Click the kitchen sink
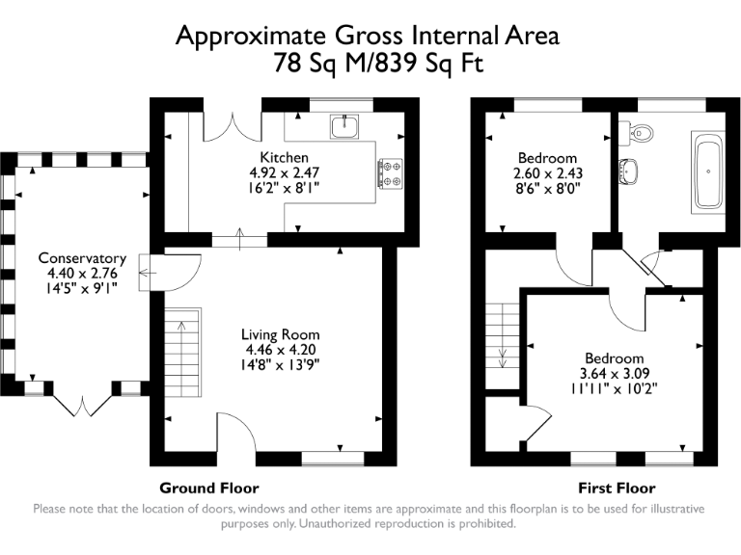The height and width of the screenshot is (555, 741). coord(343,126)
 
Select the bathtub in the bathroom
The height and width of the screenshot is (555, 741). coord(711,173)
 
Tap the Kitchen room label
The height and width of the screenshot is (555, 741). coord(284,157)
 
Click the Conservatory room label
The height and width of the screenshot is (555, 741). coord(82,258)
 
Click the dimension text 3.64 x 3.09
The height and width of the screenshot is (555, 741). coord(613,373)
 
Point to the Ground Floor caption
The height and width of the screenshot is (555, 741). coord(209,488)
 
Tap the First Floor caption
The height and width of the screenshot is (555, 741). coord(617,488)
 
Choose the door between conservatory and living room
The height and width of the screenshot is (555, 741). coord(154,272)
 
